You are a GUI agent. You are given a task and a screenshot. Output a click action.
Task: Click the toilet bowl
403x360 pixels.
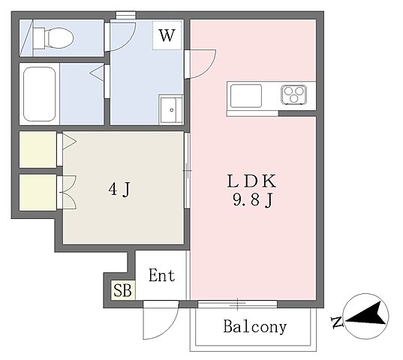54,38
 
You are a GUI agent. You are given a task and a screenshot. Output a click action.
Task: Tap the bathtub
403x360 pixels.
40,94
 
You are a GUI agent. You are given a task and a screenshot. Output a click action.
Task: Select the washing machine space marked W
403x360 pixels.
167,35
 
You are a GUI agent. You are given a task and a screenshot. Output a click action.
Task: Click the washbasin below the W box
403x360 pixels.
170,110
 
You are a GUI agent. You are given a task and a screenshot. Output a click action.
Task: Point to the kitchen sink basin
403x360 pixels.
246,96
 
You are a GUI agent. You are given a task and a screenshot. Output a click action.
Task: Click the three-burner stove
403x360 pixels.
293,94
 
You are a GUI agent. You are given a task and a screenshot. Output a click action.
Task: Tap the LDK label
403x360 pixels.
252,181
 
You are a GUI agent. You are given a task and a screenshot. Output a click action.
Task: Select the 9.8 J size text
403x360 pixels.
252,199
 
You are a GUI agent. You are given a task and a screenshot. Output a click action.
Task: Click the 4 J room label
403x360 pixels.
119,189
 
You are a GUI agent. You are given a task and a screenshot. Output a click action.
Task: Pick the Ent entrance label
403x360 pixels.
161,275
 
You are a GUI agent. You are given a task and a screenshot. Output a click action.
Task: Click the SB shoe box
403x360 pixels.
122,290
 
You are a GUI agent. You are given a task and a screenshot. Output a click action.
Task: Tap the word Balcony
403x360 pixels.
254,326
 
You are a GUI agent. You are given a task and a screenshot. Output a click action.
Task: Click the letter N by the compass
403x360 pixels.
337,322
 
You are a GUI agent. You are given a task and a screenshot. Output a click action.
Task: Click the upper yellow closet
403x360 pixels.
38,149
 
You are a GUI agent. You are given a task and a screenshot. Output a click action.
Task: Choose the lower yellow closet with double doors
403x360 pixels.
38,193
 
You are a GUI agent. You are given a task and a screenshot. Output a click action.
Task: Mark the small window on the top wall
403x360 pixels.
125,15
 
